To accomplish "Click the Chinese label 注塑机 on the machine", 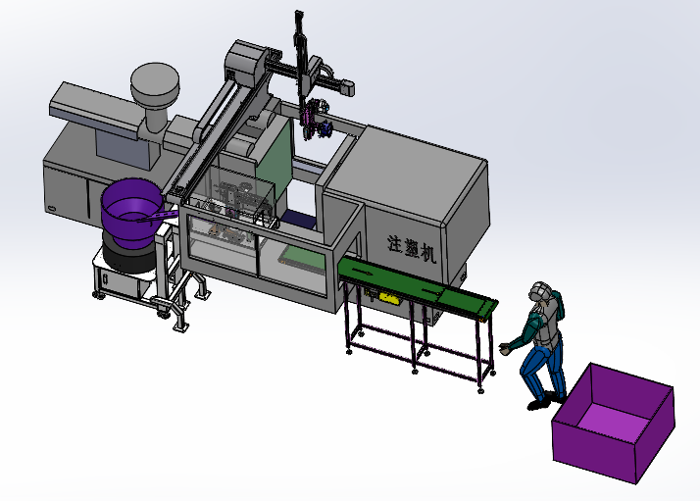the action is tap(411, 249).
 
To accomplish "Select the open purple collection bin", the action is tap(614, 423).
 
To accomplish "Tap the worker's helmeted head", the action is tap(540, 292).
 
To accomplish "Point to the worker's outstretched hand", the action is tap(504, 349).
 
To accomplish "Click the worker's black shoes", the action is tap(544, 401).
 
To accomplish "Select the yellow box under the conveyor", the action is tap(388, 297).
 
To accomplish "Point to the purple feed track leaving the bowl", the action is tap(159, 216).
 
